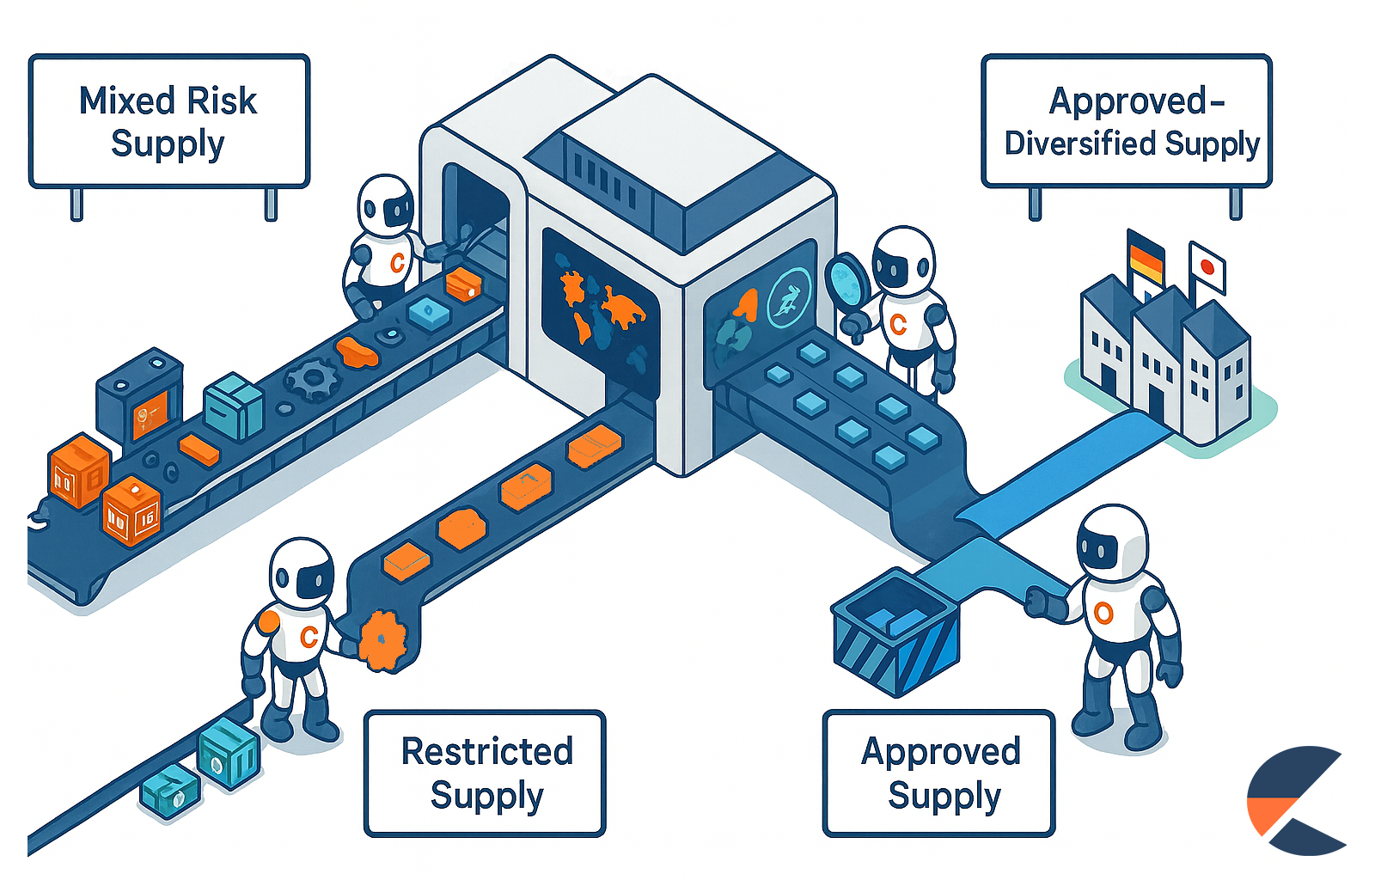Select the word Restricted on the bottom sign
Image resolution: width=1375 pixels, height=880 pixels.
(x=486, y=752)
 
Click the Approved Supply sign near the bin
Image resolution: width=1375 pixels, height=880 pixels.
(x=938, y=773)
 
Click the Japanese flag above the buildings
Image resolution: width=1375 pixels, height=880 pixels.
(x=1207, y=266)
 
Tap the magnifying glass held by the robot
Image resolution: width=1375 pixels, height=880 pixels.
(x=849, y=279)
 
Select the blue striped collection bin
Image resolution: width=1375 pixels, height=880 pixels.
(x=895, y=632)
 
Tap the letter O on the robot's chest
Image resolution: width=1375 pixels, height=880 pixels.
(x=1103, y=613)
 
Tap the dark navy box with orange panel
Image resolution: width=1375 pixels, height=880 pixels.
(x=140, y=399)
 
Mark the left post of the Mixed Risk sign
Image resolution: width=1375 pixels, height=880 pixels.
(x=76, y=205)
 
